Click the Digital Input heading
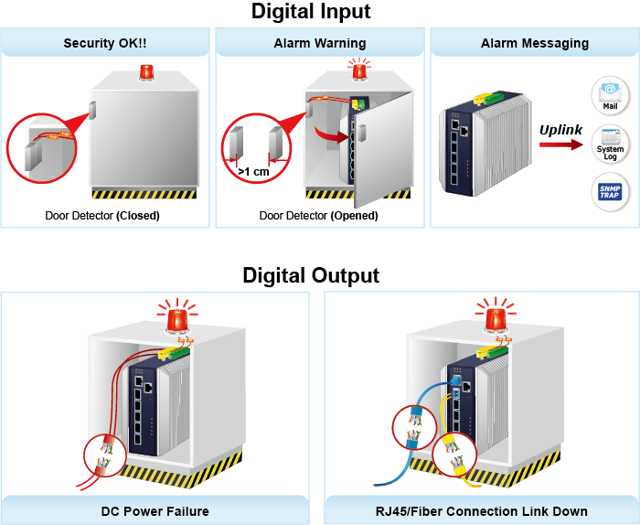tap(311, 11)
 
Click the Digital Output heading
tap(311, 275)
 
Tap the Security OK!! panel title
tap(105, 43)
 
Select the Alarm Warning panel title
tap(320, 43)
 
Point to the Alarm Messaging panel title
tap(535, 43)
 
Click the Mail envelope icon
tap(610, 96)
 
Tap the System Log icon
tap(610, 145)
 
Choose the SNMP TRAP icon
tap(610, 191)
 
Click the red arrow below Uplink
tap(561, 145)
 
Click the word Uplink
tap(560, 130)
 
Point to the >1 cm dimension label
tap(253, 172)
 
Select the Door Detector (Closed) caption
tap(102, 216)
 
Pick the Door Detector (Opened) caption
tap(319, 216)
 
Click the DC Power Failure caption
tap(155, 511)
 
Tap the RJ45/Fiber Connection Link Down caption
tap(482, 511)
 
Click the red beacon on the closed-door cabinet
tap(146, 72)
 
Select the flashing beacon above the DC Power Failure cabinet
tap(177, 318)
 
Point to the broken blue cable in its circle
tap(414, 427)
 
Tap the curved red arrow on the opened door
tap(331, 134)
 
